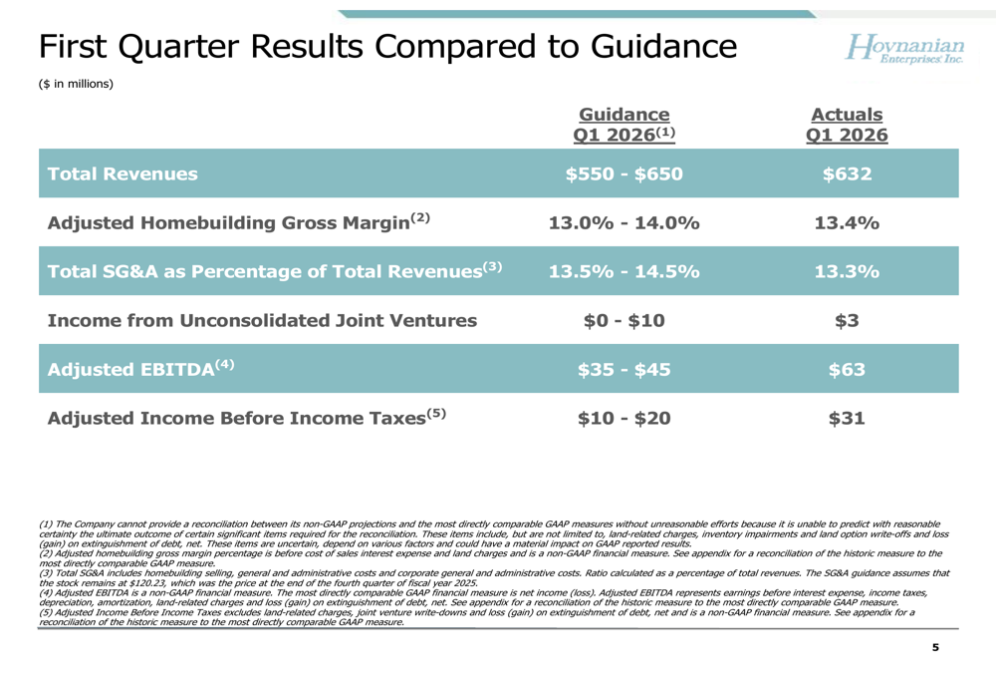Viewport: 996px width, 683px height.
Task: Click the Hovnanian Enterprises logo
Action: tap(904, 48)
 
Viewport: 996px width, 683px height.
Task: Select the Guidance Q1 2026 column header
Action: tap(623, 125)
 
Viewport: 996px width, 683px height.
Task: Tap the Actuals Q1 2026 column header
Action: tap(847, 125)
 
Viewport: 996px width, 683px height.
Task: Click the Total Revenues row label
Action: tap(123, 173)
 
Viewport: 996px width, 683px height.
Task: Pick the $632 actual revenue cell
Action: tap(847, 173)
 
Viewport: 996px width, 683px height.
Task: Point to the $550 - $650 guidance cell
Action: tap(623, 173)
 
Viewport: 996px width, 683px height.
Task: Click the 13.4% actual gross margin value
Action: tap(847, 222)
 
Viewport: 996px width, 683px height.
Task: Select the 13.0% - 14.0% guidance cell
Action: tap(623, 222)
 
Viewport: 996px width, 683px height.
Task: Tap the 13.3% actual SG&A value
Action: tap(847, 271)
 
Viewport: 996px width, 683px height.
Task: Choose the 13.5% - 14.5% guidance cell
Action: tap(623, 271)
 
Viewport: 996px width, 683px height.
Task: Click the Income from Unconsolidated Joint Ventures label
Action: tap(262, 320)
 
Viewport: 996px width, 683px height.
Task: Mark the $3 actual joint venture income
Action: tap(847, 320)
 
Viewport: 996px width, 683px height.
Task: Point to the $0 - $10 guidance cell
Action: tap(623, 320)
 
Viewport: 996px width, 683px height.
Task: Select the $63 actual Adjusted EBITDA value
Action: tap(847, 370)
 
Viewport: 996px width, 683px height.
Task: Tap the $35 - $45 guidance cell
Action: tap(623, 370)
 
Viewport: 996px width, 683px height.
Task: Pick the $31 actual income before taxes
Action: tap(847, 419)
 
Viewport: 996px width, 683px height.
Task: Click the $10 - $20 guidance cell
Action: tap(623, 419)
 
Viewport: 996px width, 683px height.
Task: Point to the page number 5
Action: tap(935, 647)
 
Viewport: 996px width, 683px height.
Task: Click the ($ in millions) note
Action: tap(77, 84)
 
